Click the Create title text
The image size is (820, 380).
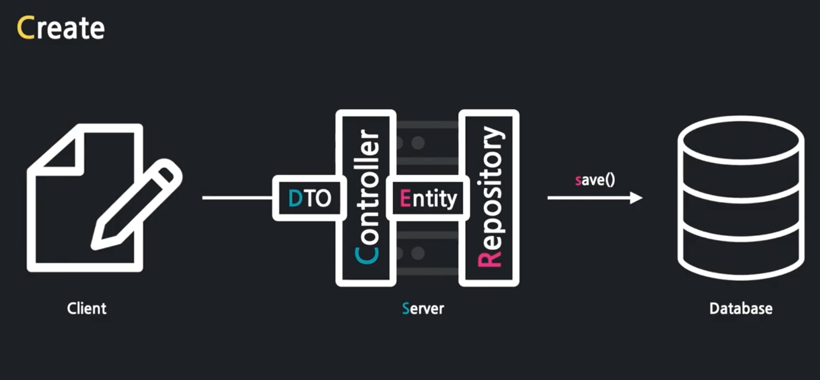[x=61, y=28]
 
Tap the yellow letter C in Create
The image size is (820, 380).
[x=25, y=28]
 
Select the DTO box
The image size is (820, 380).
[x=309, y=198]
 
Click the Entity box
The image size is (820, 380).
[x=428, y=198]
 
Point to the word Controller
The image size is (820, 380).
[x=367, y=197]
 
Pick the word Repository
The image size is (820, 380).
[x=490, y=197]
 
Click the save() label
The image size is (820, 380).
[x=595, y=180]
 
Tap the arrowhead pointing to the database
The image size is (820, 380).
[x=636, y=198]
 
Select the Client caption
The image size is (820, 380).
[x=87, y=309]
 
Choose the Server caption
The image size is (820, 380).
[x=423, y=309]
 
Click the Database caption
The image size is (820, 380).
[x=741, y=309]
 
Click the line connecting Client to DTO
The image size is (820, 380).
[x=237, y=198]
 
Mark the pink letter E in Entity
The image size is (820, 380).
[x=405, y=198]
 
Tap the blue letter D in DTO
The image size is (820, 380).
[x=295, y=198]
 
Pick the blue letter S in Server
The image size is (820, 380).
[x=406, y=309]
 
